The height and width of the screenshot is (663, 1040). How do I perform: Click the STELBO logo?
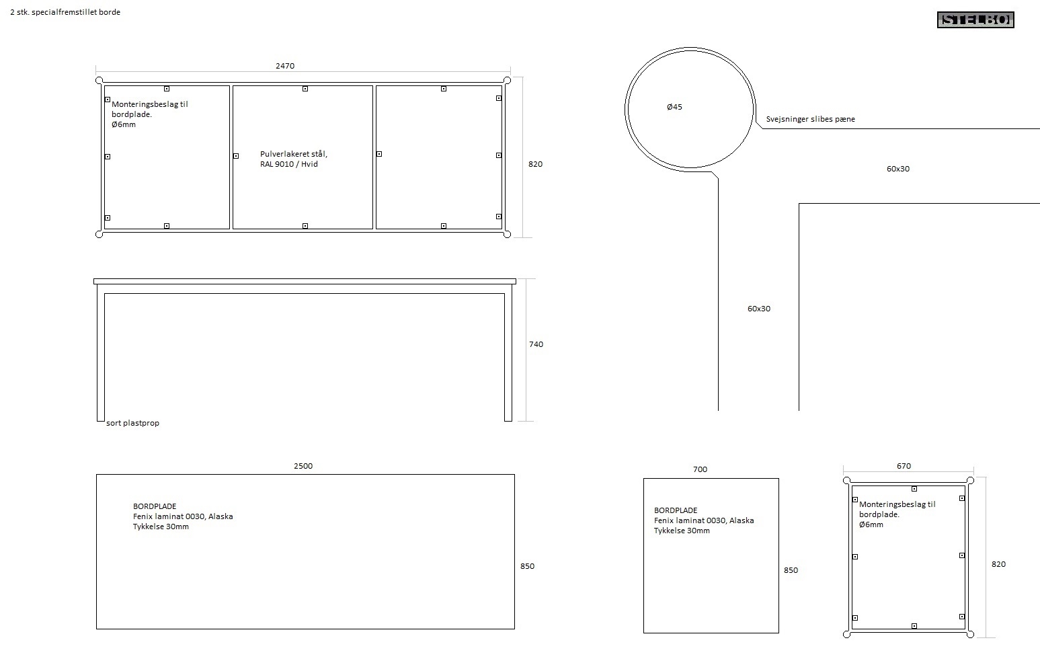click(x=975, y=20)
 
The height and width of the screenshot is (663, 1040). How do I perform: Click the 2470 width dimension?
click(x=285, y=66)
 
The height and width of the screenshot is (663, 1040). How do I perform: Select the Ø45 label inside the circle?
click(x=674, y=107)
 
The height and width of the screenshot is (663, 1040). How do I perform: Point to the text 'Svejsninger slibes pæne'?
click(x=810, y=119)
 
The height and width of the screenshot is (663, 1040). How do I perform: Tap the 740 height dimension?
click(x=536, y=344)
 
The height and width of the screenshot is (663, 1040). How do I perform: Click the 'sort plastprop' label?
click(x=133, y=423)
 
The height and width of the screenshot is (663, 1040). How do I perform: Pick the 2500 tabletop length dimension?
click(x=303, y=466)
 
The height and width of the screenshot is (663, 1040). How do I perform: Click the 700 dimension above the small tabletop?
click(x=700, y=469)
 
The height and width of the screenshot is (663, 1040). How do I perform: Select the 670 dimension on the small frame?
click(x=904, y=466)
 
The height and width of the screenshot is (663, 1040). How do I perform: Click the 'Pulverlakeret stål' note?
click(x=294, y=154)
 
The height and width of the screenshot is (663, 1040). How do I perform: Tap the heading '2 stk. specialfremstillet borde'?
click(x=65, y=12)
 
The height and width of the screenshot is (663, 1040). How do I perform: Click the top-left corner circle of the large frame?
click(x=99, y=81)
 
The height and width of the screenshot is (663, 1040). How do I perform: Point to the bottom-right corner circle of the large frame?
click(x=507, y=235)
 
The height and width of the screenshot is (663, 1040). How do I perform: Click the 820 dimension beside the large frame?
click(x=535, y=164)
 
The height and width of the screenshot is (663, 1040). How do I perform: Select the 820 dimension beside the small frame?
click(x=999, y=564)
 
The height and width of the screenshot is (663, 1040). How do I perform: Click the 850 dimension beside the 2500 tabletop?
click(x=528, y=566)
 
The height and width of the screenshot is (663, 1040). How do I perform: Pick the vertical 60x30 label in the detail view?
click(x=759, y=309)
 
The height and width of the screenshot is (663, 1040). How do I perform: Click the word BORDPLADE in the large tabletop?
click(x=155, y=506)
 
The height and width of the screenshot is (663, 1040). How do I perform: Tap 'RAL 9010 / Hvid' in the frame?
click(x=289, y=164)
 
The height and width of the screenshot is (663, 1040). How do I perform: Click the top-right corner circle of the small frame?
click(x=970, y=481)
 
